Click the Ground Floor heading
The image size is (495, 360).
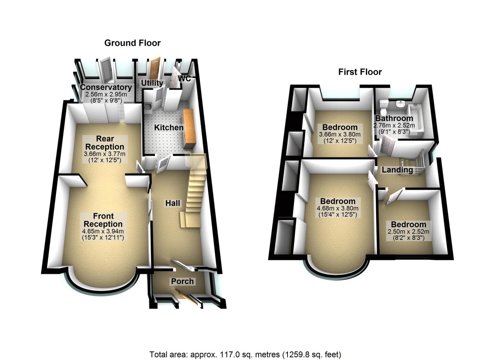pos(132,43)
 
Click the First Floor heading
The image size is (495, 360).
pos(360,72)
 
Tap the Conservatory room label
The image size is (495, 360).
pos(106,87)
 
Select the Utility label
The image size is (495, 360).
pos(150,84)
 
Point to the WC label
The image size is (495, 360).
pos(184,78)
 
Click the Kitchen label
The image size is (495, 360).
pos(169,128)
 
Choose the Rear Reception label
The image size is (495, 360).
pos(105,143)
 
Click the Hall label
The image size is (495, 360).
pos(172,203)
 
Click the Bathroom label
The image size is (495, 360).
pos(394,119)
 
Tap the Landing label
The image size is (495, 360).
pos(397,170)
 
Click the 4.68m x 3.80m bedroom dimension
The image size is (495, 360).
pos(338,208)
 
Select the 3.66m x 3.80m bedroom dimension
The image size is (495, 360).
pos(339,134)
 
